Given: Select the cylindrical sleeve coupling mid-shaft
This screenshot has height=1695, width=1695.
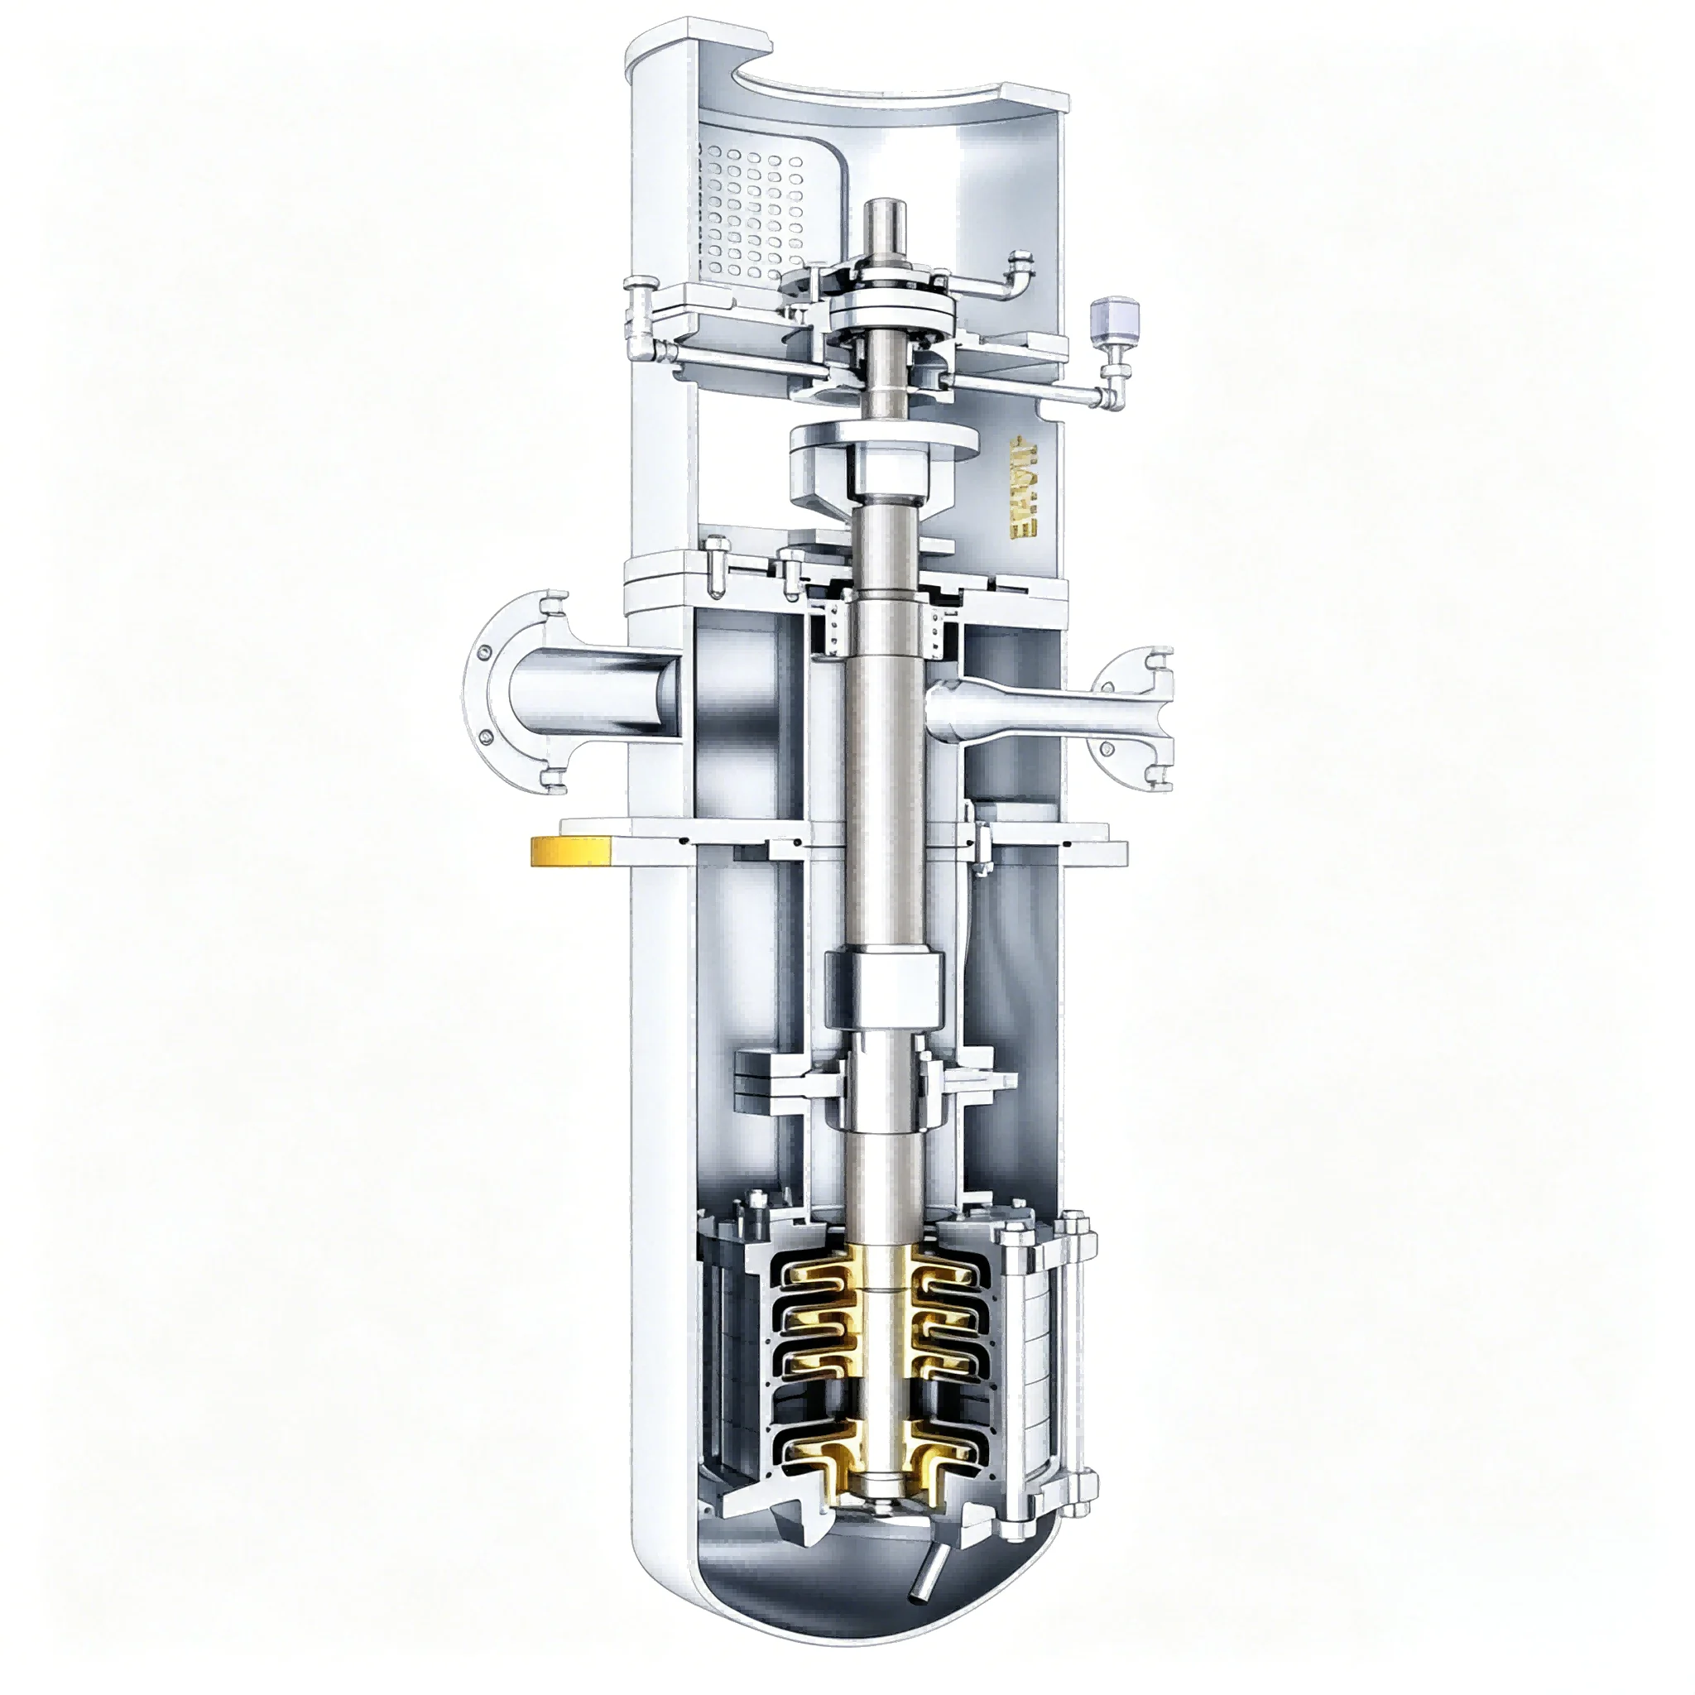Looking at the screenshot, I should tap(887, 987).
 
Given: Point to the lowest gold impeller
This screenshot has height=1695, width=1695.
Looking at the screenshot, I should tap(886, 1457).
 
